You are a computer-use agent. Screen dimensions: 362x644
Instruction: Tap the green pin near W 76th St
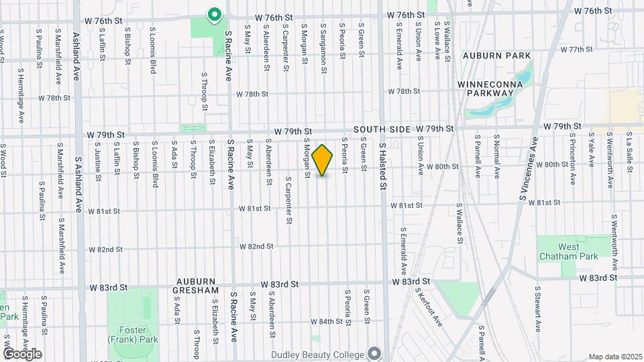[215, 14]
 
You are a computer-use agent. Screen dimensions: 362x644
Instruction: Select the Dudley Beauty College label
[317, 354]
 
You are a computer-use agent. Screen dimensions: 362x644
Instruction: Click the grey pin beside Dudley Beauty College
[374, 354]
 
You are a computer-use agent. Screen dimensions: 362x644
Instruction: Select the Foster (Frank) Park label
[127, 335]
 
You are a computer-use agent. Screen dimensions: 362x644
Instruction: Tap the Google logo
[22, 354]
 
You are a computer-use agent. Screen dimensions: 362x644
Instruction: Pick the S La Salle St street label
[629, 152]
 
